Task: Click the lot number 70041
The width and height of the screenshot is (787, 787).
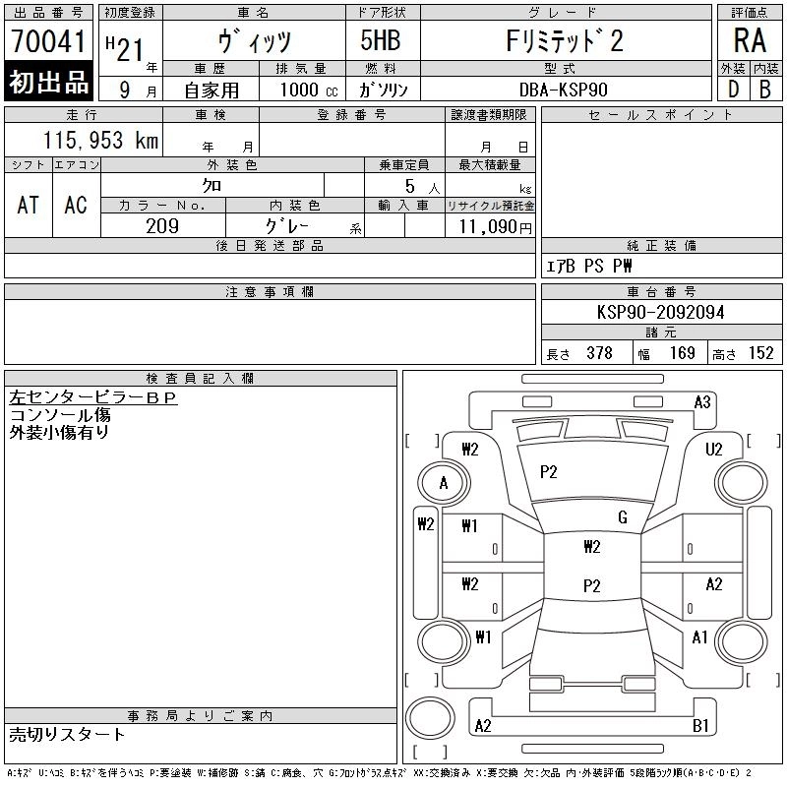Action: pyautogui.click(x=48, y=41)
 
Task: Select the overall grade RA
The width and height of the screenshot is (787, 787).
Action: pyautogui.click(x=750, y=40)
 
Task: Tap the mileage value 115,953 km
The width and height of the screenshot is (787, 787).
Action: pyautogui.click(x=100, y=140)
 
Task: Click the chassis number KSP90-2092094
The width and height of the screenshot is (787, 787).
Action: pyautogui.click(x=660, y=312)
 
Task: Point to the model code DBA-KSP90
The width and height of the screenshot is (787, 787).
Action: pyautogui.click(x=563, y=90)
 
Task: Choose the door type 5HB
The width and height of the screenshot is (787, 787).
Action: pyautogui.click(x=381, y=40)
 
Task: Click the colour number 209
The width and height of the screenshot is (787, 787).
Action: pyautogui.click(x=162, y=226)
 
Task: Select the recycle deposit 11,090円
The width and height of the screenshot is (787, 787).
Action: pyautogui.click(x=495, y=227)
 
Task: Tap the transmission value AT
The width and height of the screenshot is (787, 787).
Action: pyautogui.click(x=28, y=205)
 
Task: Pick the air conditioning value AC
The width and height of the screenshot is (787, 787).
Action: pyautogui.click(x=76, y=205)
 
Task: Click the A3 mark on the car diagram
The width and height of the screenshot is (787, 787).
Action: pyautogui.click(x=702, y=402)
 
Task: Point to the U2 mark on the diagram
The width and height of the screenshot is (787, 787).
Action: pyautogui.click(x=714, y=449)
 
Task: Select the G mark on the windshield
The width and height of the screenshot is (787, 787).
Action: pyautogui.click(x=623, y=517)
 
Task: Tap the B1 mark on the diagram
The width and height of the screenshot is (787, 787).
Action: pyautogui.click(x=700, y=725)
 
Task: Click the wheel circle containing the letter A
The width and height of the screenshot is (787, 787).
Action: pyautogui.click(x=444, y=483)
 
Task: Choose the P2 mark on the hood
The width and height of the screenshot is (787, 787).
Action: pyautogui.click(x=549, y=472)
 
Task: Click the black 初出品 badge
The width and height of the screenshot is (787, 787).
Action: pyautogui.click(x=48, y=81)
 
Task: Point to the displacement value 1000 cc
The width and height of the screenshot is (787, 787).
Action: pyautogui.click(x=309, y=90)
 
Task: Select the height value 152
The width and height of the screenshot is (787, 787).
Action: pyautogui.click(x=760, y=353)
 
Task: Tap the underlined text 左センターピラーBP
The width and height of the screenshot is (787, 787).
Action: pyautogui.click(x=93, y=397)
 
